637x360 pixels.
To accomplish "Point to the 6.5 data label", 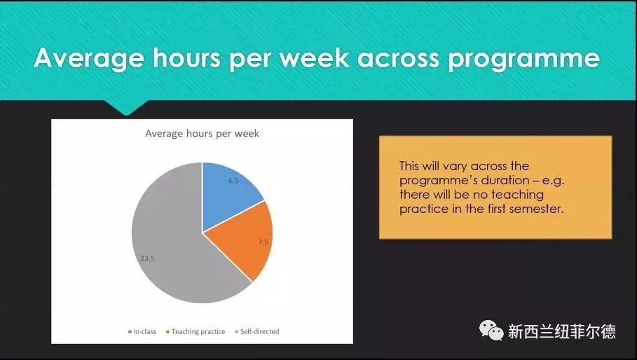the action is point(233,181).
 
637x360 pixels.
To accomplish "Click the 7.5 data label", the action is point(263,242).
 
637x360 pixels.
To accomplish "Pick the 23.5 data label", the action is point(147,258).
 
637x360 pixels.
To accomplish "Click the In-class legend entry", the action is point(142,331).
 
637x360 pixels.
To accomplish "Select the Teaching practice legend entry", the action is point(196,331).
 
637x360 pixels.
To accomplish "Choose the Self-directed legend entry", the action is point(257,331).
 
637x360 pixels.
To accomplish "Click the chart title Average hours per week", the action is point(202,134).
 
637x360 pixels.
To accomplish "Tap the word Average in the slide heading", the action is point(89,58).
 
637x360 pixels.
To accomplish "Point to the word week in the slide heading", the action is point(314,57).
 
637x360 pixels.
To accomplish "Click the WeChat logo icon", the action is point(491,331).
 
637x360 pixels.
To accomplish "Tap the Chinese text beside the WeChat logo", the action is point(562,331).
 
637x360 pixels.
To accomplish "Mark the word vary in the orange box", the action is point(455,167).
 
